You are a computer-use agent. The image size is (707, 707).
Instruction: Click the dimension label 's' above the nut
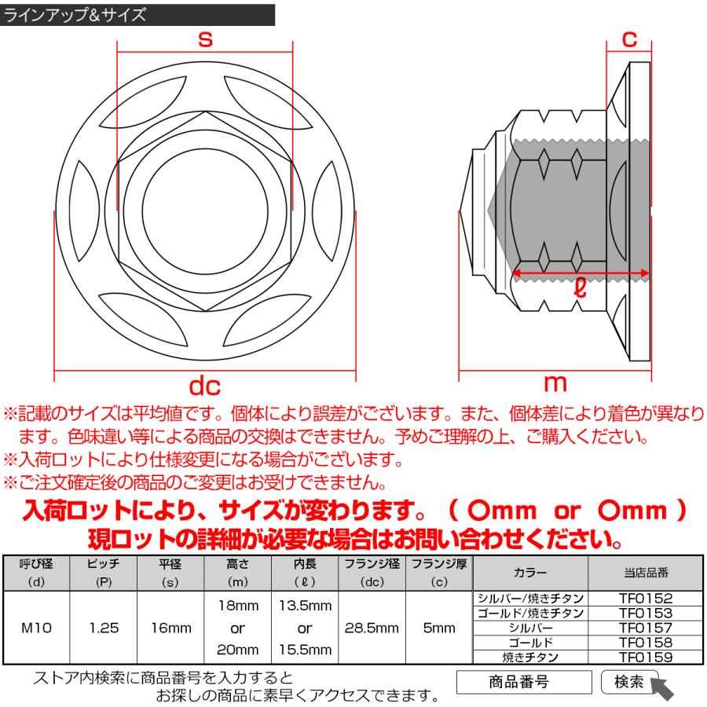click(x=205, y=39)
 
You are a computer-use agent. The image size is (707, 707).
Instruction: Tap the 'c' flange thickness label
click(x=628, y=38)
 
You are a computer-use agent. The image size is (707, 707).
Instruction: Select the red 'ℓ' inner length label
click(x=580, y=288)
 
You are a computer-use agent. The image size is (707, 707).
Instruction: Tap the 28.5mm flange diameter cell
click(x=371, y=628)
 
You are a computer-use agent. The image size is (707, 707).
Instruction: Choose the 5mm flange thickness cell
click(x=438, y=628)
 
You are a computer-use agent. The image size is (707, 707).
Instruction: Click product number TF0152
click(x=645, y=599)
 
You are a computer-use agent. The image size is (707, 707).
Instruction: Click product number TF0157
click(x=645, y=628)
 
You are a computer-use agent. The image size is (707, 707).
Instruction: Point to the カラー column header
click(x=530, y=572)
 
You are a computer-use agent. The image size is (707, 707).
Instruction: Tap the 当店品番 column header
click(x=645, y=572)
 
